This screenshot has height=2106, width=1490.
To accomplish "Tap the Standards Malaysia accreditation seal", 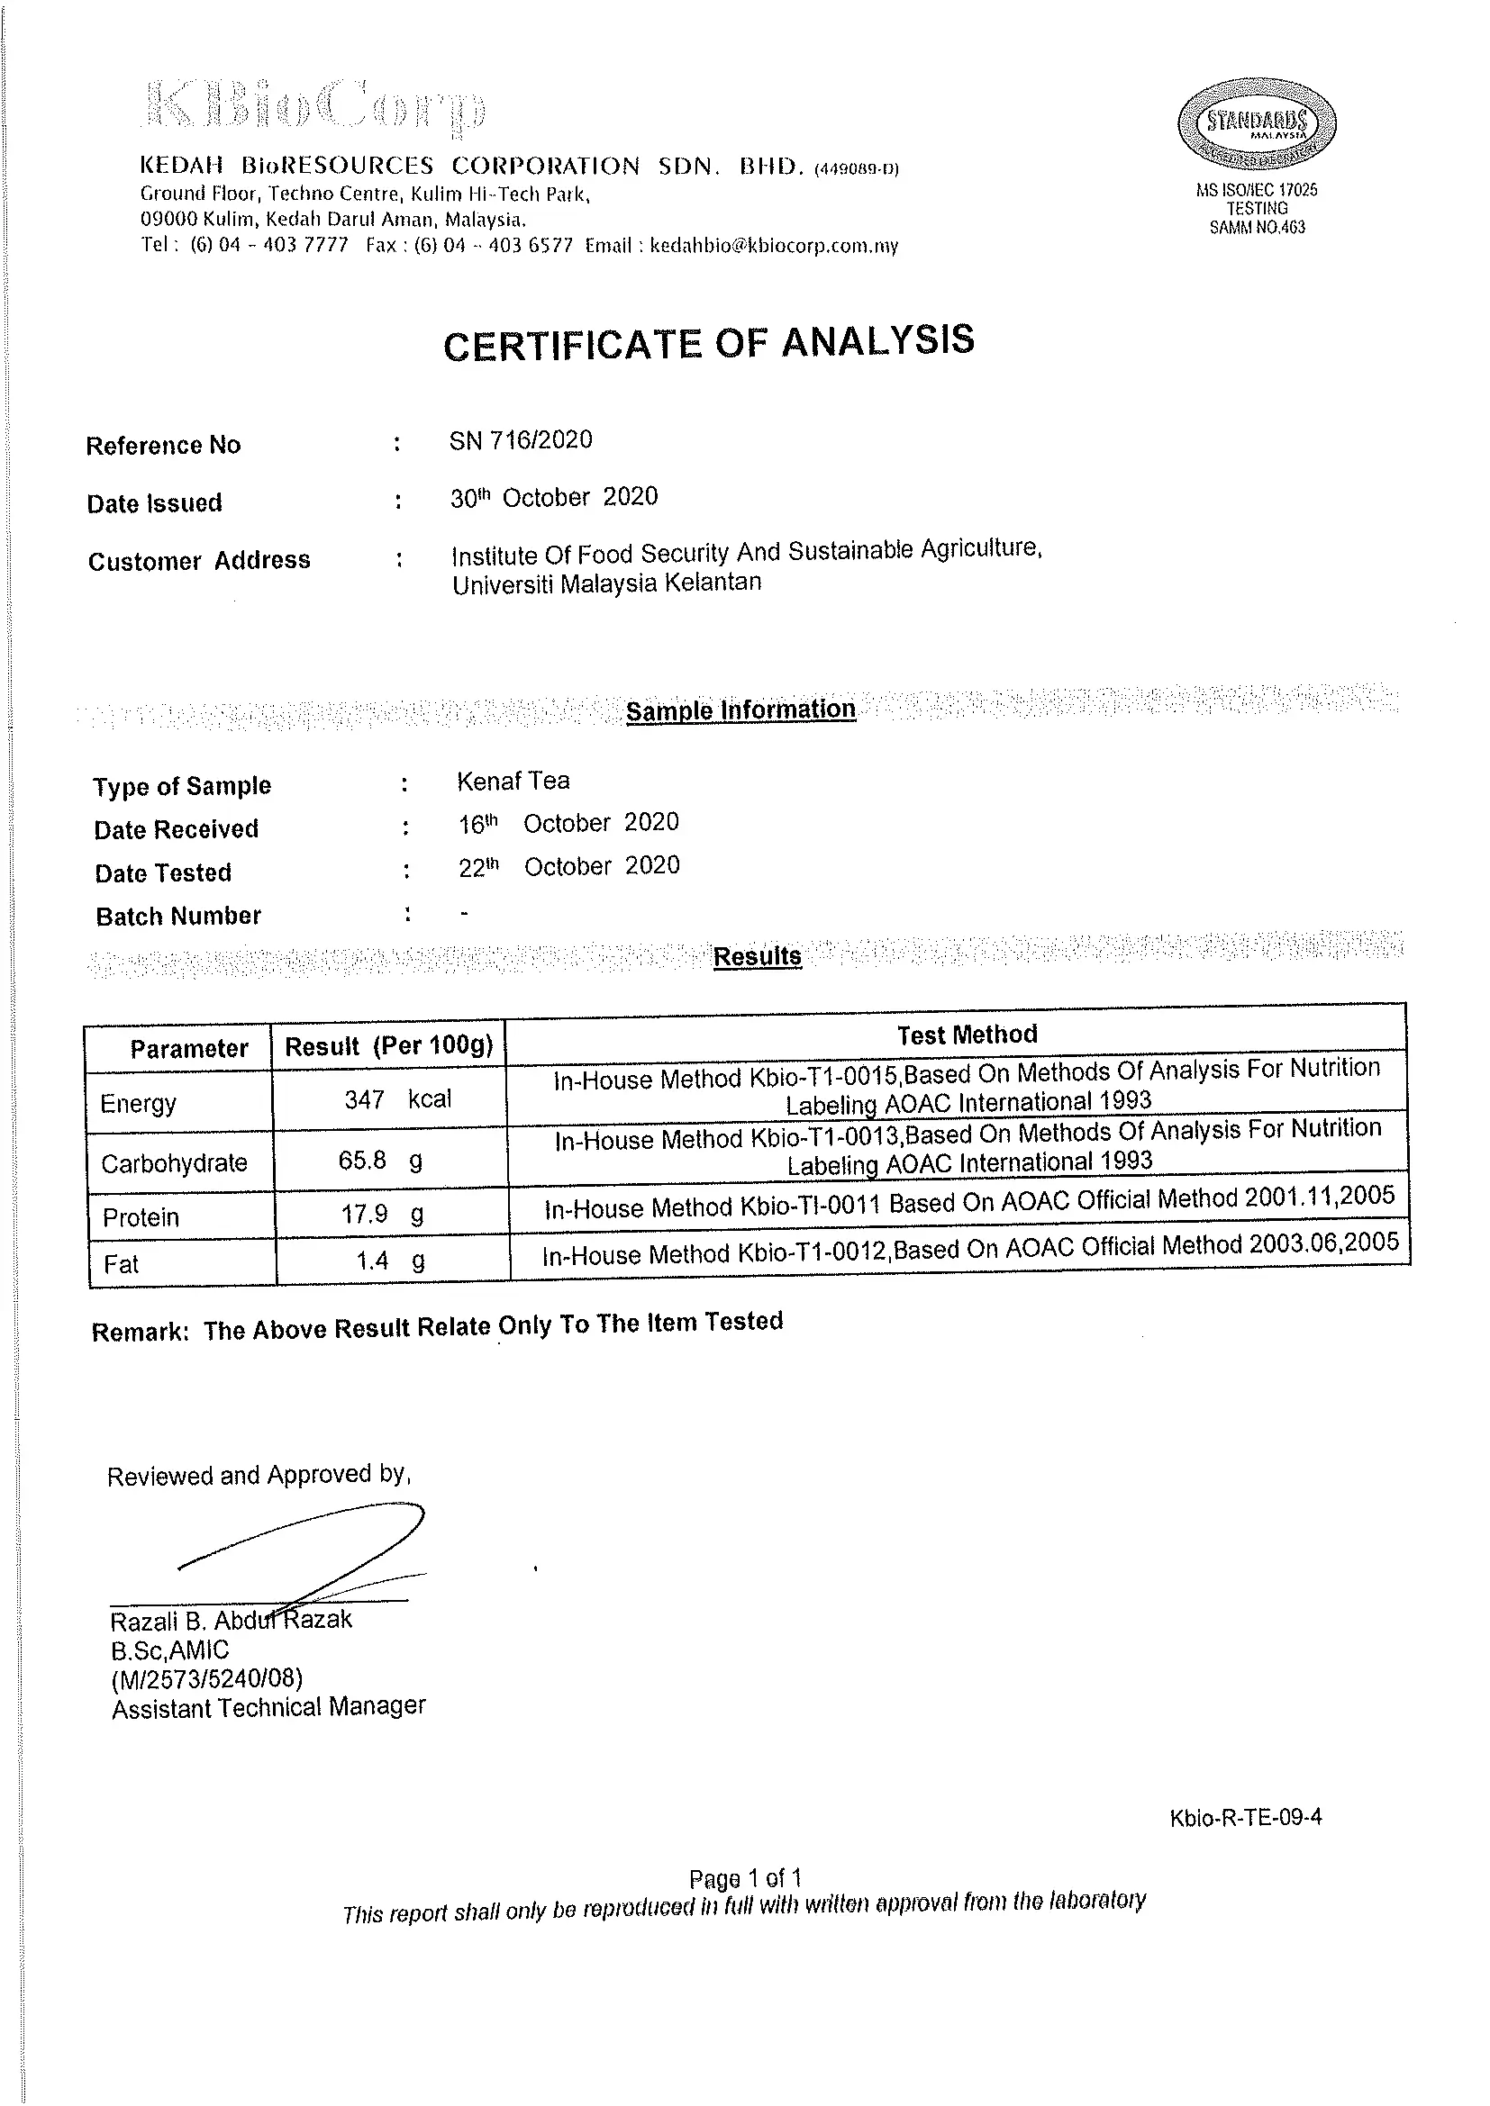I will (x=1256, y=125).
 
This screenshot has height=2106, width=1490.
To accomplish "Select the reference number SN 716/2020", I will (x=520, y=440).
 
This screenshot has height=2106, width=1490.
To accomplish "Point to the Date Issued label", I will (x=154, y=502).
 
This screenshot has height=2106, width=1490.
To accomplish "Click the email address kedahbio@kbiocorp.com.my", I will (x=774, y=246).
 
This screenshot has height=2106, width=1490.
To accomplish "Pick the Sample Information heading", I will (x=740, y=710).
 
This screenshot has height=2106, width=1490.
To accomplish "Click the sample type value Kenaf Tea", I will (x=513, y=782).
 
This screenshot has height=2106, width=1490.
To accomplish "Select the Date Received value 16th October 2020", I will (x=568, y=823).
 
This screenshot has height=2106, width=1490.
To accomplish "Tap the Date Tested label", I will (x=163, y=872).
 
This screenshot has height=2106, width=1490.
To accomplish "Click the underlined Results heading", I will (x=757, y=956).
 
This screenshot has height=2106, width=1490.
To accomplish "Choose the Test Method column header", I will (x=967, y=1035).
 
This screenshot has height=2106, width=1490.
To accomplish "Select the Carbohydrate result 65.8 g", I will (x=380, y=1161).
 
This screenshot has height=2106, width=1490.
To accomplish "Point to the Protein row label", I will (x=141, y=1217).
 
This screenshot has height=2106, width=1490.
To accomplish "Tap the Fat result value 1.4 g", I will (x=390, y=1261).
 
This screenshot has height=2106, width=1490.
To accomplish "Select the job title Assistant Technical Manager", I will (x=268, y=1707).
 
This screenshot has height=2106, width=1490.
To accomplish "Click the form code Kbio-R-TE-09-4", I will (x=1245, y=1817).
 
